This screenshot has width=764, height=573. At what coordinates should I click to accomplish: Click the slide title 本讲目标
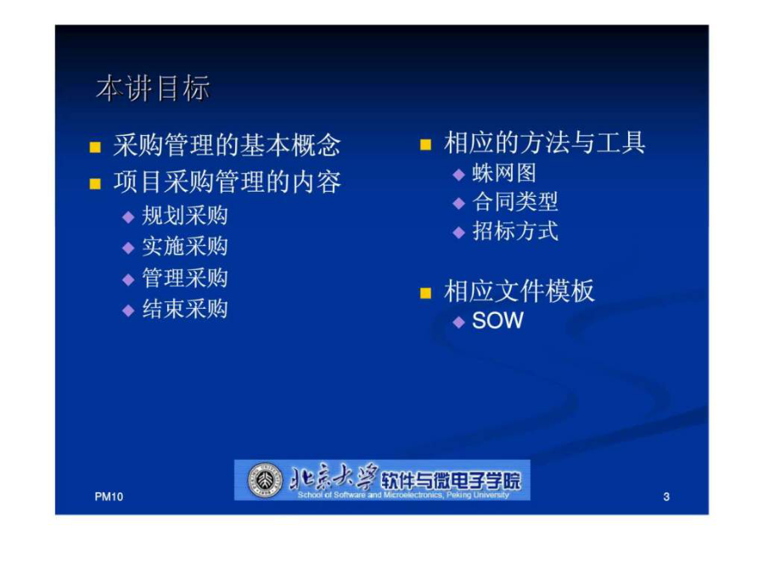(x=153, y=88)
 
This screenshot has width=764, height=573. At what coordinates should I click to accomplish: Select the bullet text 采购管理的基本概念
(x=227, y=145)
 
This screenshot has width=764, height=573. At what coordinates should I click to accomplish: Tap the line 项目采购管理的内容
(x=227, y=183)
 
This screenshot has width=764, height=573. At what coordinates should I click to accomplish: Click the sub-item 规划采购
(x=185, y=216)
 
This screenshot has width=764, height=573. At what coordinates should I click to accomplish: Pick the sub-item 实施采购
(x=185, y=246)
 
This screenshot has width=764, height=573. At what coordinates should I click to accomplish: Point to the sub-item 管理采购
(x=185, y=278)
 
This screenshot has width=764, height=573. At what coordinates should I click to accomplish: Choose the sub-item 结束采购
(x=185, y=309)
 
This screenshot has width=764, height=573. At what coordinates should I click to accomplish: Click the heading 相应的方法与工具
(x=545, y=143)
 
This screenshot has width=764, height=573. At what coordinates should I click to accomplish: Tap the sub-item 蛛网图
(x=504, y=173)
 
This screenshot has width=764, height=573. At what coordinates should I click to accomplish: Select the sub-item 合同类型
(x=515, y=202)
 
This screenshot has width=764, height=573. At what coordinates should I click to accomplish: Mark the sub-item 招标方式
(x=515, y=231)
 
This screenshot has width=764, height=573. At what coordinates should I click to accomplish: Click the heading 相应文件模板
(x=520, y=291)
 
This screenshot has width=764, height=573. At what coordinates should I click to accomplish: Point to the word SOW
(x=497, y=321)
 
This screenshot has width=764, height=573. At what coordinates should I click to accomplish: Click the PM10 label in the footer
(x=109, y=497)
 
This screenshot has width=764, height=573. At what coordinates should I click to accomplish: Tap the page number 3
(x=666, y=497)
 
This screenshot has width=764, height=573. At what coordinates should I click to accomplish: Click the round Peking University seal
(x=265, y=480)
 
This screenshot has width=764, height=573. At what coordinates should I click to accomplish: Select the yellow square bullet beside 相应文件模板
(x=425, y=293)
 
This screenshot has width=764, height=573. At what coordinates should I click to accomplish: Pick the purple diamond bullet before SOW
(x=458, y=322)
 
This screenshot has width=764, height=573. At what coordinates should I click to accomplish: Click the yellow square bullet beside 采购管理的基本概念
(x=95, y=147)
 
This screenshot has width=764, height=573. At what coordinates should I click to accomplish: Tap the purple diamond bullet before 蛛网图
(x=458, y=174)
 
